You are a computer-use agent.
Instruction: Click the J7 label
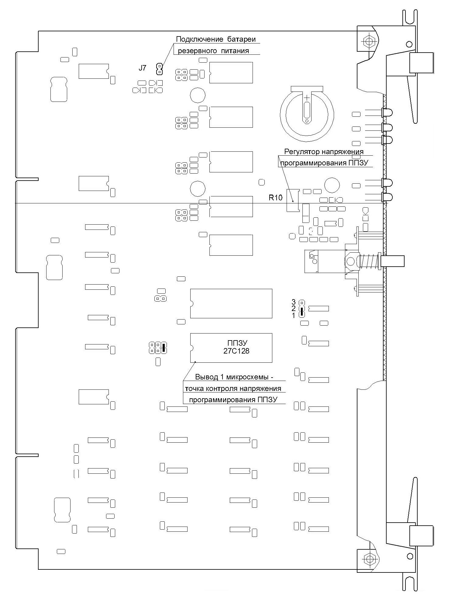142,68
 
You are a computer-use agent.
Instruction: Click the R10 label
275,198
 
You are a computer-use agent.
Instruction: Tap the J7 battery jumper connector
159,69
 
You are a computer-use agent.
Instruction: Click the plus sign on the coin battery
307,98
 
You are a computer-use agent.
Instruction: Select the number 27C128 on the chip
236,351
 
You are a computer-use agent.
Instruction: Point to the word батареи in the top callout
241,39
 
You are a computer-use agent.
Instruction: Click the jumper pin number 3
293,302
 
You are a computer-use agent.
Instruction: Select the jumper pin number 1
294,316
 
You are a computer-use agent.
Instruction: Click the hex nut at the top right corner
368,41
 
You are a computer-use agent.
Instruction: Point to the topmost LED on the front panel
387,112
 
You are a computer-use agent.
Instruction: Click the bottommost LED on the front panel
387,197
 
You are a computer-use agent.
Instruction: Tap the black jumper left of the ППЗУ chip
164,347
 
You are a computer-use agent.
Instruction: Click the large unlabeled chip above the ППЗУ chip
231,303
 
